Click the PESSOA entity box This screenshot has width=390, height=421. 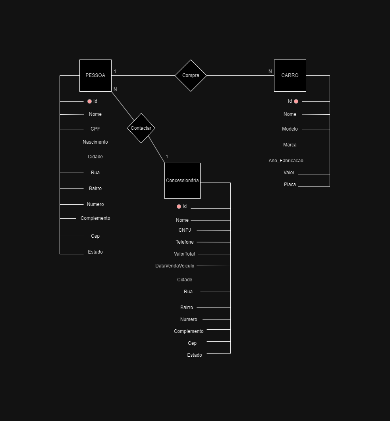[x=95, y=75]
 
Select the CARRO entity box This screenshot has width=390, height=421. [x=290, y=75]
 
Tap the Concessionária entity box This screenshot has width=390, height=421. [x=182, y=181]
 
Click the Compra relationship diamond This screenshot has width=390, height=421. [x=191, y=75]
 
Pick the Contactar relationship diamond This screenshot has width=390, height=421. [x=141, y=128]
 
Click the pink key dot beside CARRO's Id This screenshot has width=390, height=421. [x=296, y=101]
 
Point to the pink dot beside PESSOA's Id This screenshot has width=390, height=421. [x=89, y=101]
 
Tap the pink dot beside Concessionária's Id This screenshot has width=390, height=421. [x=179, y=206]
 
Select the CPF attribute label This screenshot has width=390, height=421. [x=95, y=129]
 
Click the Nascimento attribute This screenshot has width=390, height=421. [x=95, y=142]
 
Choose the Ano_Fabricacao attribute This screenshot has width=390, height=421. [x=286, y=161]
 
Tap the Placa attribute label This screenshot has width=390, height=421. [x=290, y=185]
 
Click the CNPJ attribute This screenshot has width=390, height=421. [x=185, y=230]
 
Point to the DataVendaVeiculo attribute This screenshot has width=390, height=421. [x=175, y=266]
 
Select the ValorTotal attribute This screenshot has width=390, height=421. [x=184, y=254]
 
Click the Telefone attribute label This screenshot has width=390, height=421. [x=185, y=242]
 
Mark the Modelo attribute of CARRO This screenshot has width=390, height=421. [x=290, y=129]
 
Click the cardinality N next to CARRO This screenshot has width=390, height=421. [x=270, y=71]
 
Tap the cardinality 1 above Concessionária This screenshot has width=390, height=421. [x=167, y=157]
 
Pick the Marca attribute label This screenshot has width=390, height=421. [x=290, y=145]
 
